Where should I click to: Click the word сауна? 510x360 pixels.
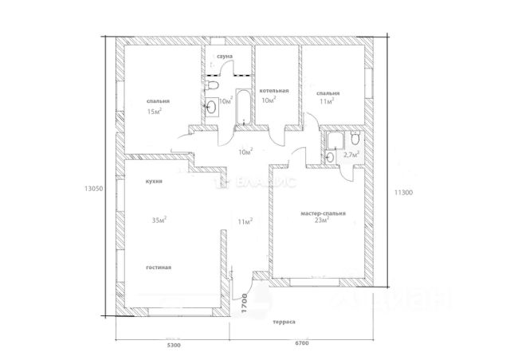(x=226, y=57)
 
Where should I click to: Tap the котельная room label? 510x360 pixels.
(x=273, y=92)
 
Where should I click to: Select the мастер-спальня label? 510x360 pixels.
(x=323, y=213)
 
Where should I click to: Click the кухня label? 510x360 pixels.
(x=155, y=182)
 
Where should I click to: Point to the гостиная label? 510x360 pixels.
(x=159, y=268)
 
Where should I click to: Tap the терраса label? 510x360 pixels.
(x=284, y=322)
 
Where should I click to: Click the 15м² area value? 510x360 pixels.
(x=155, y=111)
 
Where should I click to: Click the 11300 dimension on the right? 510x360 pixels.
(x=402, y=192)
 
